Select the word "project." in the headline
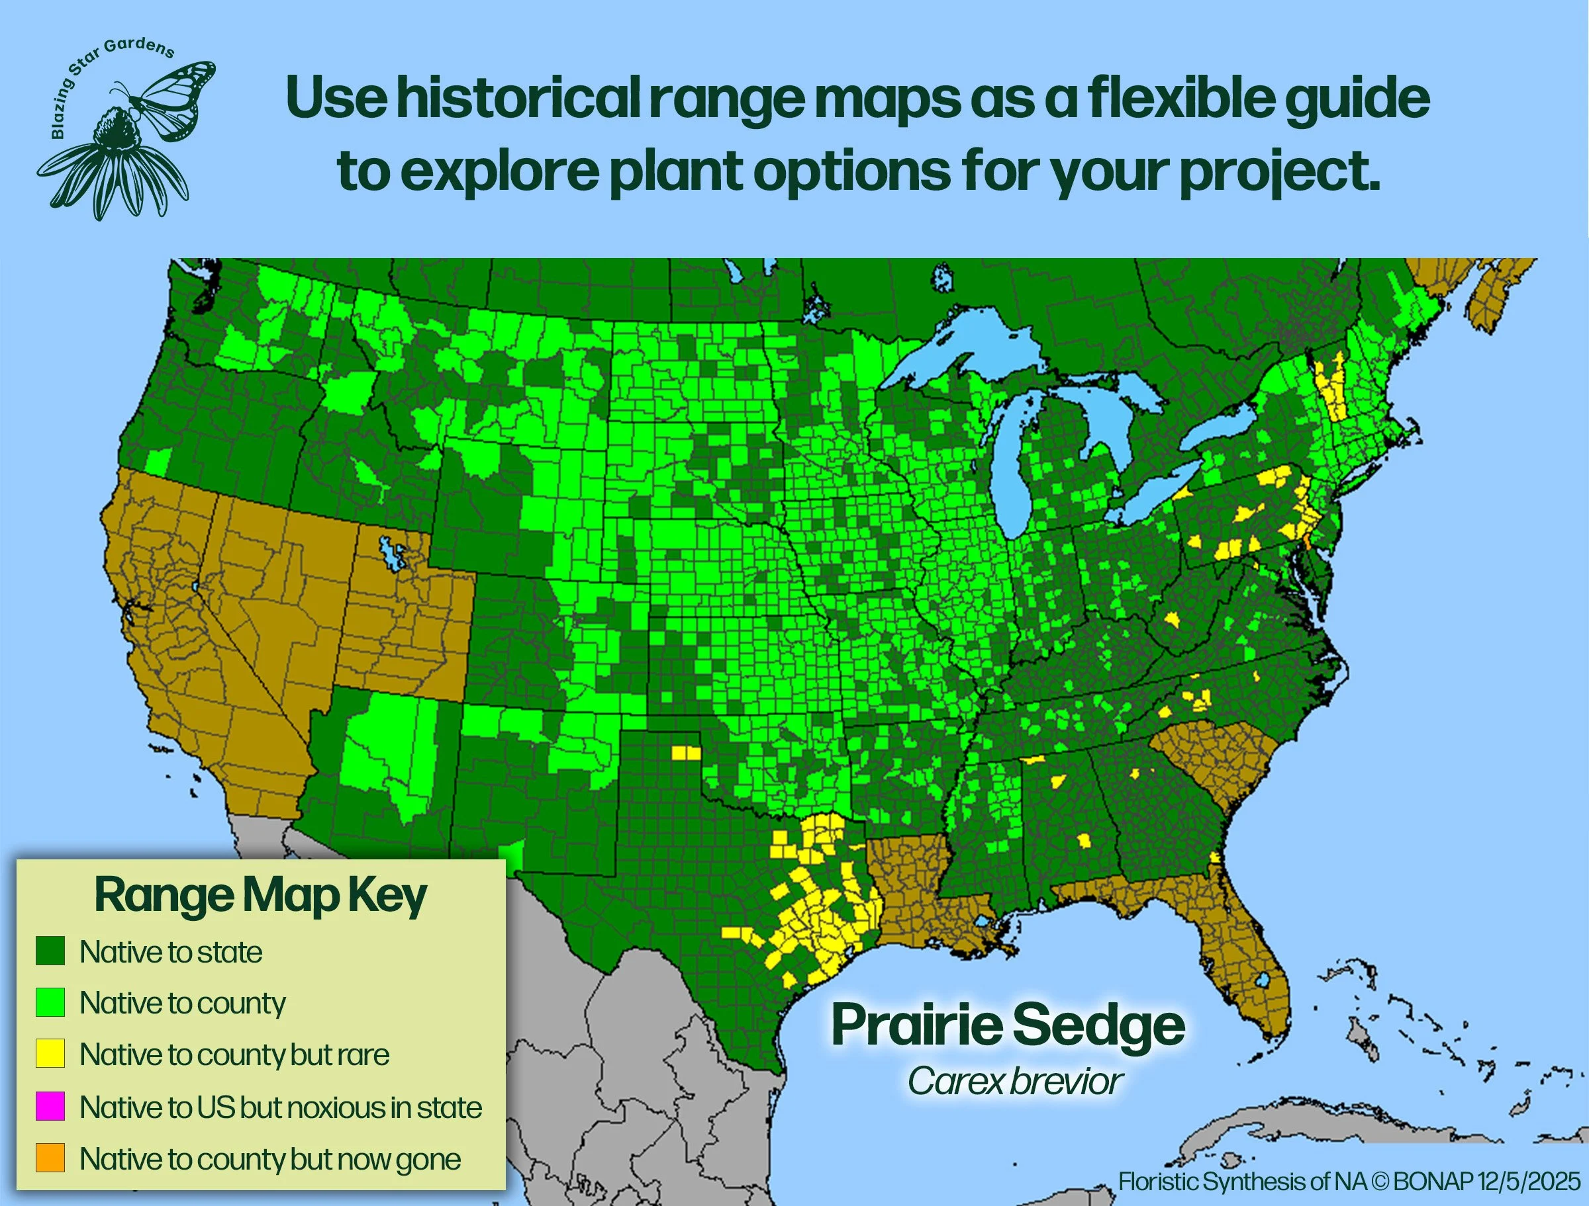[1278, 171]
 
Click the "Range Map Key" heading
[261, 896]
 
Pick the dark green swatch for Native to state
[50, 951]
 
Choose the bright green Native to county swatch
[50, 1002]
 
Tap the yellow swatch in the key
[50, 1054]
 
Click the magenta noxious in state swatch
[50, 1106]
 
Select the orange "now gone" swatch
[50, 1158]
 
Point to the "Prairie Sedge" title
[1008, 1025]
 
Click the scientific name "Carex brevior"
[1014, 1081]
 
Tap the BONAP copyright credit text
[1349, 1181]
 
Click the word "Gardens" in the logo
[141, 49]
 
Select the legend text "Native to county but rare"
[234, 1055]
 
